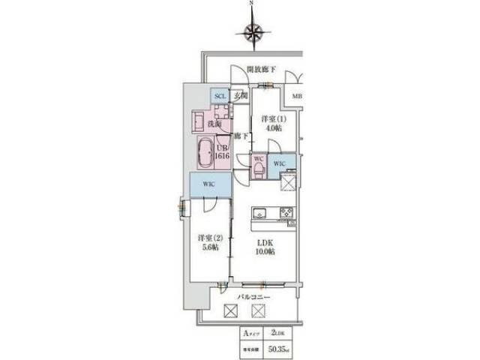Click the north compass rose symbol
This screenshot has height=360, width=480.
253,31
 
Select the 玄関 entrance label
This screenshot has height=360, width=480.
239,96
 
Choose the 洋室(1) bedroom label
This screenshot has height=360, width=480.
272,119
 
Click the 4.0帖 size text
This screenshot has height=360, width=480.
272,129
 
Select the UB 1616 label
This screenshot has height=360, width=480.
222,153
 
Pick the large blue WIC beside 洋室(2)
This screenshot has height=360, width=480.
208,184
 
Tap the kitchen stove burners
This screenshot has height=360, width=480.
286,212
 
